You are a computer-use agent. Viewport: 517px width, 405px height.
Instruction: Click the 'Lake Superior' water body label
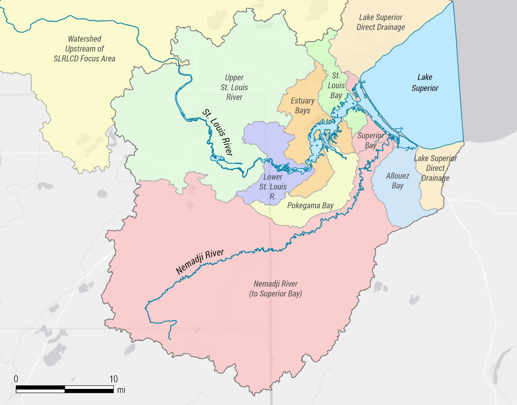point(425,82)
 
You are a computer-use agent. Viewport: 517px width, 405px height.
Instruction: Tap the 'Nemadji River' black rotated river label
point(200,262)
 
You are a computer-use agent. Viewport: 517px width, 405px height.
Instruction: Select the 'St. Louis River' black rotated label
point(218,132)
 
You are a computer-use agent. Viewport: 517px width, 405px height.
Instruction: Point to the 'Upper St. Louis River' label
point(234,87)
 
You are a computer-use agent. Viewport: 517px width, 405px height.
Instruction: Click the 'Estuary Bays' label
point(302,105)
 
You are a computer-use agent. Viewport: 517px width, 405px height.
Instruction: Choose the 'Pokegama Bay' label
point(310,206)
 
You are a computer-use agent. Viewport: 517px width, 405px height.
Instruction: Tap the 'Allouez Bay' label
point(398,181)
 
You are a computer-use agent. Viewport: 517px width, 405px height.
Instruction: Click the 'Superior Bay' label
point(371,140)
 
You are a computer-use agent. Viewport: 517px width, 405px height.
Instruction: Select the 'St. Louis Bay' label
point(336,85)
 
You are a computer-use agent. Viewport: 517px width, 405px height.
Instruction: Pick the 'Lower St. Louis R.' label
point(273,187)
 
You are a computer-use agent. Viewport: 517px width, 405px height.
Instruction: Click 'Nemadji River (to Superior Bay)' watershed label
point(275,289)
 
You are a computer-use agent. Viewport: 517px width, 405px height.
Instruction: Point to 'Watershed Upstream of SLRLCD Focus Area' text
point(84,49)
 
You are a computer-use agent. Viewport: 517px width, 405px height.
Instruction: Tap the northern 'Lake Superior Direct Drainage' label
point(381,22)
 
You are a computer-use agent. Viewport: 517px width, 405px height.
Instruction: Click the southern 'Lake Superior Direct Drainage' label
point(435,168)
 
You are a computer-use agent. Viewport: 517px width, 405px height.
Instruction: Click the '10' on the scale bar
point(113,379)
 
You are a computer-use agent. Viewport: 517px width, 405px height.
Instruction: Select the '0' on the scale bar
point(16,379)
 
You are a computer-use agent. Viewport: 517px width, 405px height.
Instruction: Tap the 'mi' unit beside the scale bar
point(121,390)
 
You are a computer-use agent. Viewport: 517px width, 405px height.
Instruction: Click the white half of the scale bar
point(40,389)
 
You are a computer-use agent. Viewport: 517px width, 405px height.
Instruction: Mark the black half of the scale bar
point(89,389)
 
